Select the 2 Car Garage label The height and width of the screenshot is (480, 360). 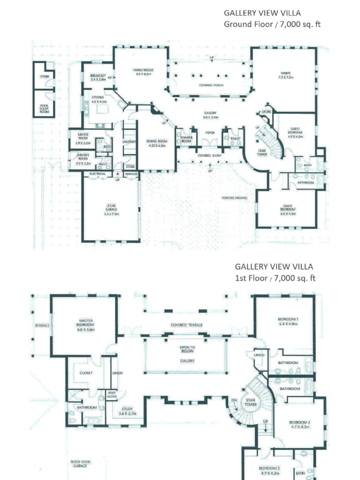(x=112, y=209)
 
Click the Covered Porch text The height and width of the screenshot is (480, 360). (x=211, y=85)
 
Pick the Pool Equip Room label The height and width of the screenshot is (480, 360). (x=44, y=109)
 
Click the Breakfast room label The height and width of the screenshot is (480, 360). (x=98, y=77)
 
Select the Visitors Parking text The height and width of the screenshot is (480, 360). (x=234, y=198)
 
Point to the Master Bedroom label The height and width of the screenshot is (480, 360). (x=86, y=325)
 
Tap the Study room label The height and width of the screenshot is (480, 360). (x=127, y=411)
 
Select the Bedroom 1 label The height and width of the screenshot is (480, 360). (x=288, y=321)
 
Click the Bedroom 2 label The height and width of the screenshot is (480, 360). (x=300, y=424)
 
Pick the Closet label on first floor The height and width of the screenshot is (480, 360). (x=86, y=373)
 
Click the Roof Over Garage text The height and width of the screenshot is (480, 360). (x=81, y=464)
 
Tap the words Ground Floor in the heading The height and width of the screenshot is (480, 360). (x=241, y=24)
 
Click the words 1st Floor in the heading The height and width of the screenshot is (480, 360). (x=252, y=278)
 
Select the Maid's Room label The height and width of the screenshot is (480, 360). (x=83, y=136)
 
